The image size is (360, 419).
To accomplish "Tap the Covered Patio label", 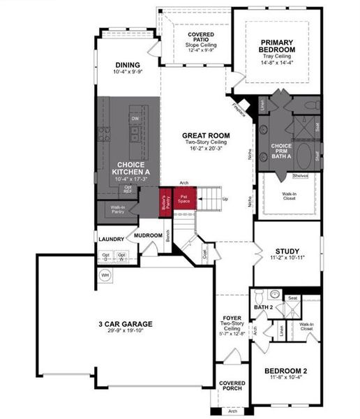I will (200, 38).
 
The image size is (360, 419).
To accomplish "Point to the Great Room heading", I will (206, 135).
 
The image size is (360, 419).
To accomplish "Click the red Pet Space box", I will (184, 199).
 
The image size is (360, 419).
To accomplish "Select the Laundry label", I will (112, 239).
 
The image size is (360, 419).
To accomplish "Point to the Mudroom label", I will (149, 236).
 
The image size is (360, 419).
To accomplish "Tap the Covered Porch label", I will (232, 386).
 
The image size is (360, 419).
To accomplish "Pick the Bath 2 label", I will (262, 307).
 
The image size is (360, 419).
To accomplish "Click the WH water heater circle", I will (106, 275).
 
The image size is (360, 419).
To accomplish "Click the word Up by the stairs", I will (225, 198).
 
